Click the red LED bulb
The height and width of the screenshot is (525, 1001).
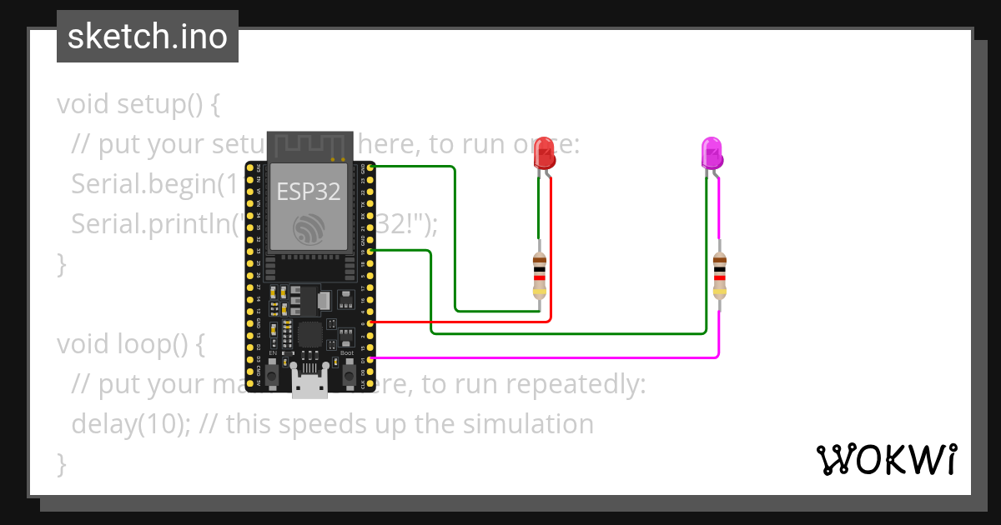click(x=545, y=153)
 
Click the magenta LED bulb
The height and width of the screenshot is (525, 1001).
click(x=712, y=153)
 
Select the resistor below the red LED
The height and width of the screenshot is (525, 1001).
click(x=540, y=276)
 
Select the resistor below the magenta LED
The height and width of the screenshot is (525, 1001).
click(x=719, y=276)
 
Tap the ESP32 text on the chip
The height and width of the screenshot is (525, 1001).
click(x=309, y=192)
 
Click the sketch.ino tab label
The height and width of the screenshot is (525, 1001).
click(x=148, y=37)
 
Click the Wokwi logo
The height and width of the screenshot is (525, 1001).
click(x=886, y=459)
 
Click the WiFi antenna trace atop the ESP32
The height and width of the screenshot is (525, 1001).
click(x=309, y=144)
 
